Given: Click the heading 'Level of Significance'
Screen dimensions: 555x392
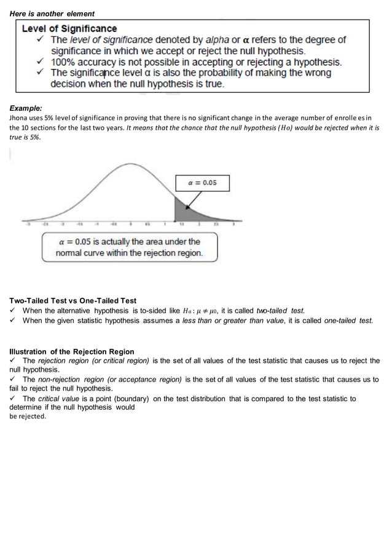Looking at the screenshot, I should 69,28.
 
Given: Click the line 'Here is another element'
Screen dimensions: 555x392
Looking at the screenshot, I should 52,14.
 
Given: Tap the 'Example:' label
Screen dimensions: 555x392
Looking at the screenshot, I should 26,107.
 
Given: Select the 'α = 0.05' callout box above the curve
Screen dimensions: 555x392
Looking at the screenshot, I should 202,183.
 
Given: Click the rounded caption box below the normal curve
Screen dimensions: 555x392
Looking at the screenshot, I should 129,247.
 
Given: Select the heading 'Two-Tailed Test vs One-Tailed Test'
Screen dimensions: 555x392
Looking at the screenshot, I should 73,301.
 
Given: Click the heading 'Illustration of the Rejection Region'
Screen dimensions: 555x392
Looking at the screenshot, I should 71,352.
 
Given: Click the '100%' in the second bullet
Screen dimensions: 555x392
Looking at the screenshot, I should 64,62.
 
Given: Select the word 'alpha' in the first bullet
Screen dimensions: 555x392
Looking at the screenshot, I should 218,39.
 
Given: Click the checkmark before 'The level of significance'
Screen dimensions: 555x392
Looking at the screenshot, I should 40,39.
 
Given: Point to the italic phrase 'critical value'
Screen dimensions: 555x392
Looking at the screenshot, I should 57,399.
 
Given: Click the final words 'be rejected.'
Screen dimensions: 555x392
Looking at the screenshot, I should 28,417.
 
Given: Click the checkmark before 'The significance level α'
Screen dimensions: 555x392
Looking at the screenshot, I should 40,73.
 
